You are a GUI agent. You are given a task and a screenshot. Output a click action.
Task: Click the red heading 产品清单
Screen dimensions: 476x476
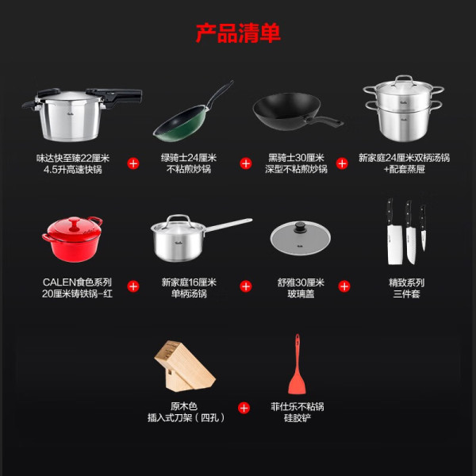pos(238,33)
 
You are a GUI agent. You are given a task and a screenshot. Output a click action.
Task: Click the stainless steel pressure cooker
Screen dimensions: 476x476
pos(82,114)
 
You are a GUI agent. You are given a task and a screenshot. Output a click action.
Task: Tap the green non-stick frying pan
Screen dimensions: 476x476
pos(193,111)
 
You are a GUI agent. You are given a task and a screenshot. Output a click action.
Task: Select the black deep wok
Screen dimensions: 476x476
pos(297,112)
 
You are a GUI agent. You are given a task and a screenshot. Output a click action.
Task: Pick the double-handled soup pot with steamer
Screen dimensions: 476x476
pos(404,109)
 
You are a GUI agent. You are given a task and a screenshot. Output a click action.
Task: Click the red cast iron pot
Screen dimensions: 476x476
pos(73,240)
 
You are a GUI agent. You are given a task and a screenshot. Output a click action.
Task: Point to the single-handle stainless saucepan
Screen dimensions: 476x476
pos(202,238)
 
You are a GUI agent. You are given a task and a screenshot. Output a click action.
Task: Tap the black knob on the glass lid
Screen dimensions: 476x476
pos(300,226)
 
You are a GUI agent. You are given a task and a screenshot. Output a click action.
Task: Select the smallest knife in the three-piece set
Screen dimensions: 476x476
pos(423,228)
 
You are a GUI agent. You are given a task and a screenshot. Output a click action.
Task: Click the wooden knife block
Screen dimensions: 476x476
pos(185,366)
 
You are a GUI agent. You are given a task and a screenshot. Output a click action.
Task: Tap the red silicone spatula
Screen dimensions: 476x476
pos(297,364)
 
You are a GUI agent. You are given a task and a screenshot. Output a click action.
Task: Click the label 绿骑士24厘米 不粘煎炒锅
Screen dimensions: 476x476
pos(189,163)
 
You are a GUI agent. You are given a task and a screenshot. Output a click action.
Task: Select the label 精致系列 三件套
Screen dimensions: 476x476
pos(406,288)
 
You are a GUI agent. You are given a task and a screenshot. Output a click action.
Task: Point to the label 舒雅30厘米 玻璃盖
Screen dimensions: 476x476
pos(301,288)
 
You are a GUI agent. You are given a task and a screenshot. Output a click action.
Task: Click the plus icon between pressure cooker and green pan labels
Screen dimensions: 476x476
pos(133,163)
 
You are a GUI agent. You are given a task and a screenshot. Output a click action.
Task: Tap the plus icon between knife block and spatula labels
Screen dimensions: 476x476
pos(244,408)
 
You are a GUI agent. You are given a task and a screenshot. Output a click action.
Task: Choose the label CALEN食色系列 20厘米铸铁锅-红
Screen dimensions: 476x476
pos(77,288)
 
